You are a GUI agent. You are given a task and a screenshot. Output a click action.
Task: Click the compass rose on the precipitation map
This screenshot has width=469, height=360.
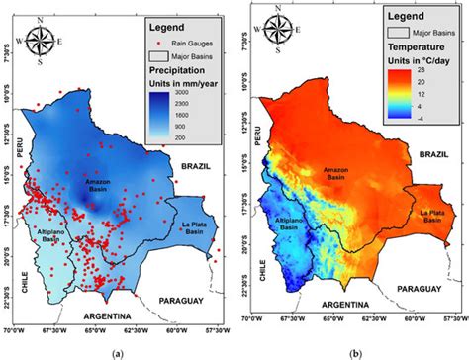click(x=42, y=42)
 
